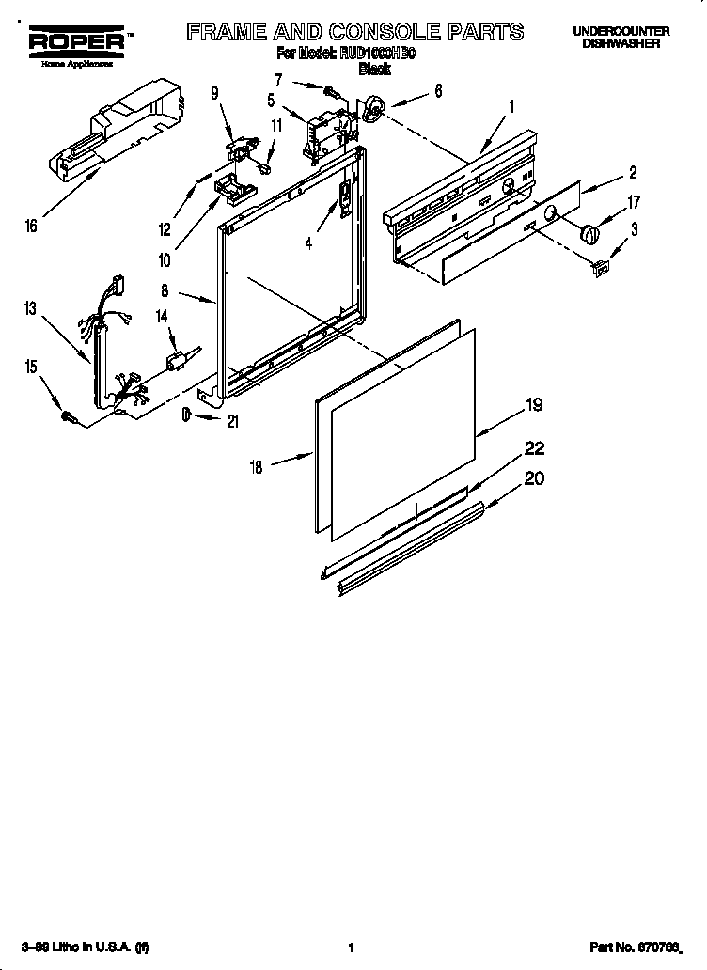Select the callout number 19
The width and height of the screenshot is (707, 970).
point(533,406)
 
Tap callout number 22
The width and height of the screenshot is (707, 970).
point(533,449)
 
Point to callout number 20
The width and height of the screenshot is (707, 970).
point(533,477)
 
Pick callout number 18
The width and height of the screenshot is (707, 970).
point(256,465)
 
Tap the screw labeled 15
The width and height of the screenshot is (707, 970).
point(68,415)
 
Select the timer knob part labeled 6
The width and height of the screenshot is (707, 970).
point(374,111)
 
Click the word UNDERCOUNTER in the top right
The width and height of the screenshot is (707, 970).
point(621,31)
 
